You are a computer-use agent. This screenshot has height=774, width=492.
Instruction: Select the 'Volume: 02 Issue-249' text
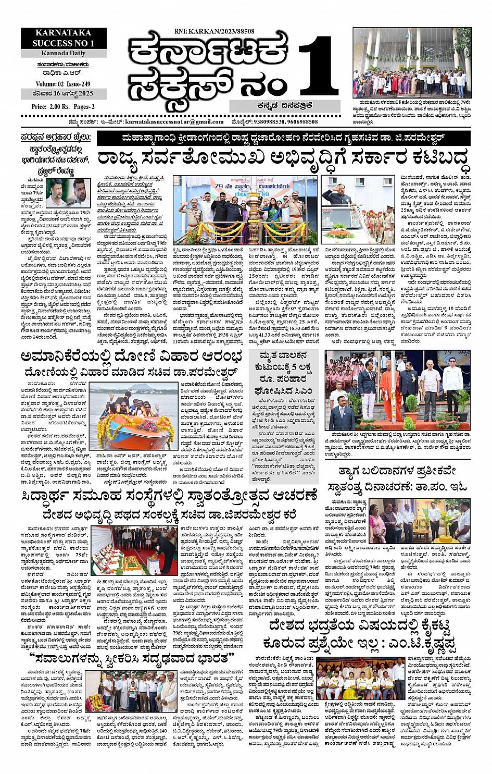(63, 84)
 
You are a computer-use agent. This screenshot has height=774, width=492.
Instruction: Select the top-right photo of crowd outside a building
(411, 63)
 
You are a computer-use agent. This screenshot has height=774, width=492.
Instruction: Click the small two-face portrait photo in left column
(68, 193)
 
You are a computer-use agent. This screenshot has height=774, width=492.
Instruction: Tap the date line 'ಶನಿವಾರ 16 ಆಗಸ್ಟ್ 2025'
(63, 94)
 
